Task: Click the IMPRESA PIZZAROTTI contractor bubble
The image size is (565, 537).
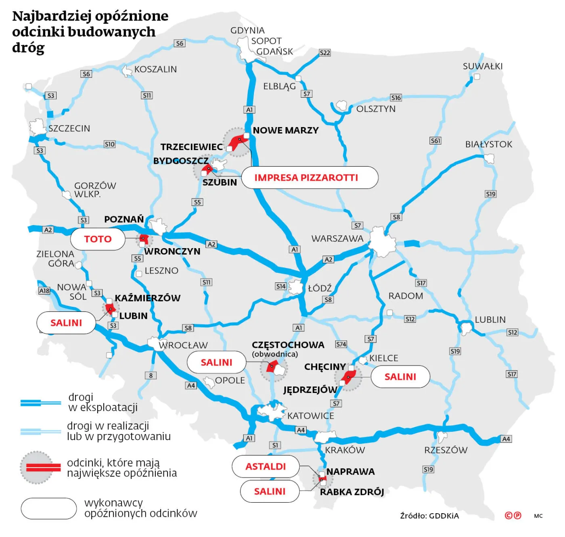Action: tap(310, 178)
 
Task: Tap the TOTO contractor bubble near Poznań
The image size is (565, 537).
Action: tap(98, 239)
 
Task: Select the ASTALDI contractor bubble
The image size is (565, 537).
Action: tap(266, 466)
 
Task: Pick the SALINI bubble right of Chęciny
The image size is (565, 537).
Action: tap(400, 377)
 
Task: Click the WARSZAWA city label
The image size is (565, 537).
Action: tap(337, 238)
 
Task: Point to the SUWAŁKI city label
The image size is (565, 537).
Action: tap(483, 66)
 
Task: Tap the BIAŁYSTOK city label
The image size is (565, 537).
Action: tap(489, 144)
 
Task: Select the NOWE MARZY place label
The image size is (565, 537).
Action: tap(286, 130)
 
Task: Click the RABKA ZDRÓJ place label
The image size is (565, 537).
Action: tap(352, 492)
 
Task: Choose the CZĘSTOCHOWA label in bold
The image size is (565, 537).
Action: tap(288, 345)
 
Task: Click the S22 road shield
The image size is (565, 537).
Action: tap(325, 52)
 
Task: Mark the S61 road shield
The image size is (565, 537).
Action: tap(435, 140)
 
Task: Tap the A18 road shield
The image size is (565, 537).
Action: tap(44, 290)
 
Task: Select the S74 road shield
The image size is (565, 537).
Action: tap(341, 344)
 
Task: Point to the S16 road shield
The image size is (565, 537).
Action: tap(396, 98)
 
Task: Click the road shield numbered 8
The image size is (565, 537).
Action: tap(151, 375)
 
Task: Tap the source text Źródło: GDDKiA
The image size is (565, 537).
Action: tap(429, 516)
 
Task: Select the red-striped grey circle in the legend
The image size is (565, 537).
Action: tap(37, 467)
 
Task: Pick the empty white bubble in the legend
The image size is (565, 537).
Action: tap(49, 508)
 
